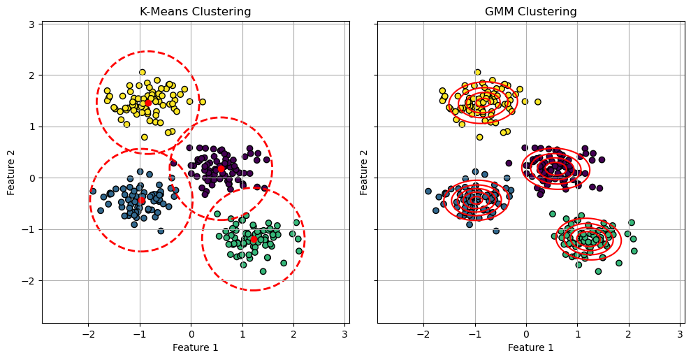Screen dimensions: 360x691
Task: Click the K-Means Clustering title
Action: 195,11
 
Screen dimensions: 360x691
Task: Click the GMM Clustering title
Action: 530,11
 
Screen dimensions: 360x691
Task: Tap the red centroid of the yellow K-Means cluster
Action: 148,103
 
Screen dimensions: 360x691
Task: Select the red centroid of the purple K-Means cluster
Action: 221,168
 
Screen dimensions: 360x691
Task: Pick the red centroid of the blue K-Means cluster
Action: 141,200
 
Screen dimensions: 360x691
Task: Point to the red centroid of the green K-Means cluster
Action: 254,239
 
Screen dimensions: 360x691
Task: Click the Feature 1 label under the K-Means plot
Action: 195,347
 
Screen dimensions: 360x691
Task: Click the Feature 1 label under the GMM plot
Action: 530,347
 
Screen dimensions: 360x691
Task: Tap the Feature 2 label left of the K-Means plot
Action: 11,172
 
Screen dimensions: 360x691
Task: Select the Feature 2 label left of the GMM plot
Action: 364,172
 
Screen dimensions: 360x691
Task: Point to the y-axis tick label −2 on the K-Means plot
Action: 29,281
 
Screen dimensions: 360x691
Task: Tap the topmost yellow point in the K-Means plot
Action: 142,72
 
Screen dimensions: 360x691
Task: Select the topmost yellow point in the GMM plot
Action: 478,72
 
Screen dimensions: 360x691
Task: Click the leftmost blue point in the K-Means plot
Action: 93,191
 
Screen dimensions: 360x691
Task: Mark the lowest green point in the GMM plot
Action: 598,271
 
